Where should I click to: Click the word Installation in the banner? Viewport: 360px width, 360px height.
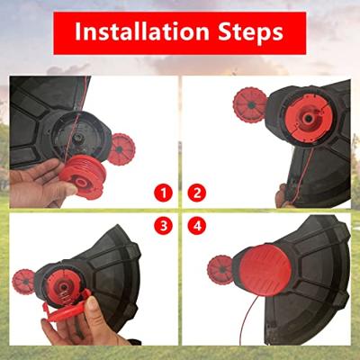141,31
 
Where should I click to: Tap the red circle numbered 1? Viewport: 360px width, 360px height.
164,193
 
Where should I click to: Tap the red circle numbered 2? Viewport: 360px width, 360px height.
197,193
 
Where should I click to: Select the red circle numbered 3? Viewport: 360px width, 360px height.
164,226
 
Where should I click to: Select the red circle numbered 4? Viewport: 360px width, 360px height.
197,226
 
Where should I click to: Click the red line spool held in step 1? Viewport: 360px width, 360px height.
83,176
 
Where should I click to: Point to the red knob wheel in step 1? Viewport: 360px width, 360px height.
121,149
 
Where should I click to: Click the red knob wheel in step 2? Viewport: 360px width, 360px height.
249,105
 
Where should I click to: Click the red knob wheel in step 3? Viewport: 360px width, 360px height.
24,282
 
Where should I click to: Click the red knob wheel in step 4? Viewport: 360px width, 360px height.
220,270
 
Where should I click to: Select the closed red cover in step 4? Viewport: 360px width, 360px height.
265,270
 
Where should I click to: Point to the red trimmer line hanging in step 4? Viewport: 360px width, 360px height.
251,318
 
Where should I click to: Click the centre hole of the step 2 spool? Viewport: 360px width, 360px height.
307,118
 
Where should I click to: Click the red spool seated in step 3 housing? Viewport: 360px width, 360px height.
62,289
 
